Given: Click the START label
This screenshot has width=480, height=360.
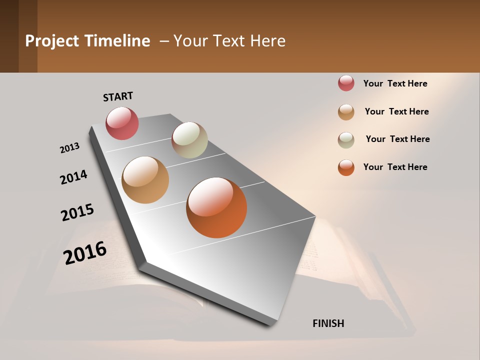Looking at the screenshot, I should pos(118,96).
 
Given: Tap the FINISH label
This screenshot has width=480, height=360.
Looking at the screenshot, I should pos(328,323).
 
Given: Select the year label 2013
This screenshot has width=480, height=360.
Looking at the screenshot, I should pos(69,148).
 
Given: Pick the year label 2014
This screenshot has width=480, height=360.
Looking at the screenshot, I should pos(73,177).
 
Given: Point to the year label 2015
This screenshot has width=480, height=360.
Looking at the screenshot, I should pos(77,212).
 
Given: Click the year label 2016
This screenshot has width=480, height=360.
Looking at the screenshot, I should pos(85,253).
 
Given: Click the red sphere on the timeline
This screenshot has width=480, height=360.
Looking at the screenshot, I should pos(122,123).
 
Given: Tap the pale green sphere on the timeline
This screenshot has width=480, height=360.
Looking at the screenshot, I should pos(189,140).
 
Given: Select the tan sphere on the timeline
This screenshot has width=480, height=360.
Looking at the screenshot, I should pos(145,180).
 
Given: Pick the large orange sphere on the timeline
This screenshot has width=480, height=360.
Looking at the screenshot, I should pos(216,207).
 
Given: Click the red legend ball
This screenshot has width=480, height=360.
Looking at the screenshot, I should pos(346,83).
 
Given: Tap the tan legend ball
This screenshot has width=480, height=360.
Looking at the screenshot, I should pos(346,112).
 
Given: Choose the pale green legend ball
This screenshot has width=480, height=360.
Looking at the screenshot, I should pos(346,140).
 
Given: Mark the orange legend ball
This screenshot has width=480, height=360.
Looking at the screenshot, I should pos(346,167).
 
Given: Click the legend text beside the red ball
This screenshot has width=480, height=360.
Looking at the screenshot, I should pos(395,83).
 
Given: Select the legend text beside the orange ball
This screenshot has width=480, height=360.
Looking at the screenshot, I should pos(395,167).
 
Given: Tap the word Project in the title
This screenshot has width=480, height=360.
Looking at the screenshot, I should pos(52,41).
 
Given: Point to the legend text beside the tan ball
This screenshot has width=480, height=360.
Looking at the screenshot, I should pos(396,111).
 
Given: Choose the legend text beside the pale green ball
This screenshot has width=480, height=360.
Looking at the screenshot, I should pos(397,139).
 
